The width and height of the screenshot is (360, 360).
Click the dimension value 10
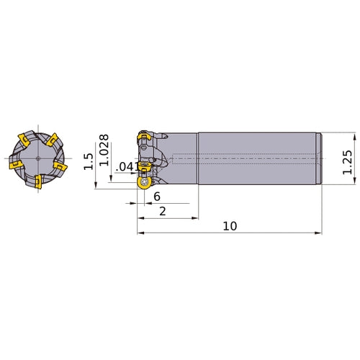[x=230, y=226]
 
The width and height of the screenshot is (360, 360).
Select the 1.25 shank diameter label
[x=347, y=162]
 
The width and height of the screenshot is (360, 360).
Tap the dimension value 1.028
[x=104, y=150]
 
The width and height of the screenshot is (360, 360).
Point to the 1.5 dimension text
[x=89, y=161]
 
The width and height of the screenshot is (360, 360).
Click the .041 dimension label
[x=127, y=167]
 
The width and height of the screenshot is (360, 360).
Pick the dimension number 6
[x=157, y=197]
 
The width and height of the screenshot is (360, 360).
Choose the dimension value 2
[x=163, y=212]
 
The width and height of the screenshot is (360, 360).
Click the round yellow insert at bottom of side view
[x=144, y=184]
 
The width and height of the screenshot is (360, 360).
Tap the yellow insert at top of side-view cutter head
[x=143, y=137]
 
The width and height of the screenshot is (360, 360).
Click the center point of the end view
[x=38, y=158]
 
